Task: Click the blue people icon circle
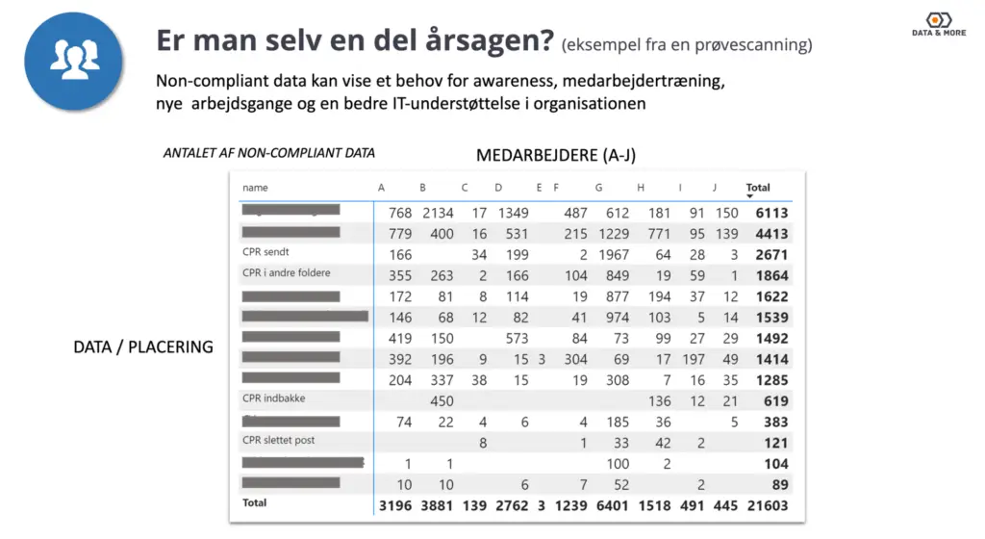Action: coord(74,61)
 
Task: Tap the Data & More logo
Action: coord(939,25)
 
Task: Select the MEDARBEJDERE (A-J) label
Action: coord(556,155)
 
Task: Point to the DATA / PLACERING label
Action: coord(143,346)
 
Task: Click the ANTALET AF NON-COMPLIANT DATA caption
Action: coord(269,153)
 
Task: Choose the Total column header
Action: coord(758,188)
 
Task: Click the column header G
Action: coord(598,188)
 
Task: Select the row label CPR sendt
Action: coord(265,252)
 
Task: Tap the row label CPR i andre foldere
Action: coord(286,273)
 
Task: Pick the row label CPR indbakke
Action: coord(274,398)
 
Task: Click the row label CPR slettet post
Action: coord(279,441)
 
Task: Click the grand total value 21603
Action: coord(767,505)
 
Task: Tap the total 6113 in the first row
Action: coord(771,213)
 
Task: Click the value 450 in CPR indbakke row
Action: coord(441,401)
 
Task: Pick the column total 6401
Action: coord(612,505)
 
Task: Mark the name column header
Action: coord(255,188)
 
